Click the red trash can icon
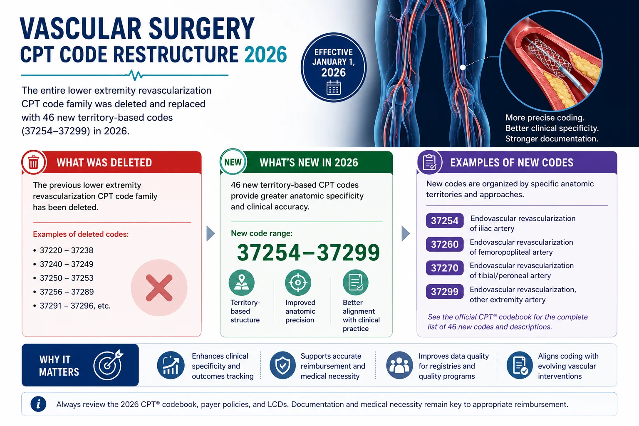point(33,162)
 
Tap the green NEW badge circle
point(233,162)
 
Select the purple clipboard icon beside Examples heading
point(430,162)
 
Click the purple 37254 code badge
point(444,220)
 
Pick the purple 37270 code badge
point(444,268)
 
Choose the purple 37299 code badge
point(444,292)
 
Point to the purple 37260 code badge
point(444,244)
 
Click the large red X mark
point(159,288)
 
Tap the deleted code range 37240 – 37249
point(67,264)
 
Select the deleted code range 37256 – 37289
point(67,292)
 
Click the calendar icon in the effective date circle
point(334,88)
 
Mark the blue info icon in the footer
point(38,404)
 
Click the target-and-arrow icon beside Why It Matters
point(108,365)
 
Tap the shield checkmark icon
point(282,365)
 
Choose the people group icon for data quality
point(399,365)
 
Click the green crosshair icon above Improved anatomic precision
point(298,282)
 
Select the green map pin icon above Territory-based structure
point(242,282)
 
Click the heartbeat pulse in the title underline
point(134,75)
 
